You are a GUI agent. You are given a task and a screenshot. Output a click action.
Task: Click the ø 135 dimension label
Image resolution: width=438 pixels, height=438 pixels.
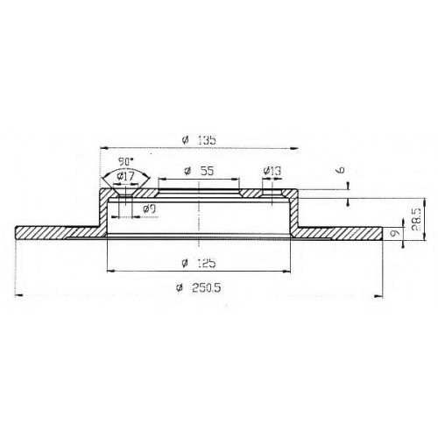pos(199,140)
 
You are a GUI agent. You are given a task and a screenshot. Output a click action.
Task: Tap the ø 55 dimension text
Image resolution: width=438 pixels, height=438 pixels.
pos(200,171)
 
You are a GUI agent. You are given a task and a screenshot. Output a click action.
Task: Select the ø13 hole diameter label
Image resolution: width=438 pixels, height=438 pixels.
pos(272,171)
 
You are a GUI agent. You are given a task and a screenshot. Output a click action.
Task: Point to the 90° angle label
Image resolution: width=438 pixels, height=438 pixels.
pos(125,161)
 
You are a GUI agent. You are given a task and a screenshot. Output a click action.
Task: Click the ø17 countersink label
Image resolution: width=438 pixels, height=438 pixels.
pos(125,176)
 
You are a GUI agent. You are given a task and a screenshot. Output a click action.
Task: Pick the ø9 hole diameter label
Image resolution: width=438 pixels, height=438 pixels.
pos(150,208)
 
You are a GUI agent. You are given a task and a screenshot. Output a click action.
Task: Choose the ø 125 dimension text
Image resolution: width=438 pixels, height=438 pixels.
pos(199,263)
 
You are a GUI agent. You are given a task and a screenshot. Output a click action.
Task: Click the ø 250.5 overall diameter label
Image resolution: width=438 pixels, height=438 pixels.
pos(198,288)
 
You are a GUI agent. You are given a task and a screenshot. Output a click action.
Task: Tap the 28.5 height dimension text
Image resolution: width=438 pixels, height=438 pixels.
pos(417,219)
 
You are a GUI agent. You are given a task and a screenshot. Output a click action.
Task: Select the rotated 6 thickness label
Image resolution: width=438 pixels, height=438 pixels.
pos(342,170)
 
